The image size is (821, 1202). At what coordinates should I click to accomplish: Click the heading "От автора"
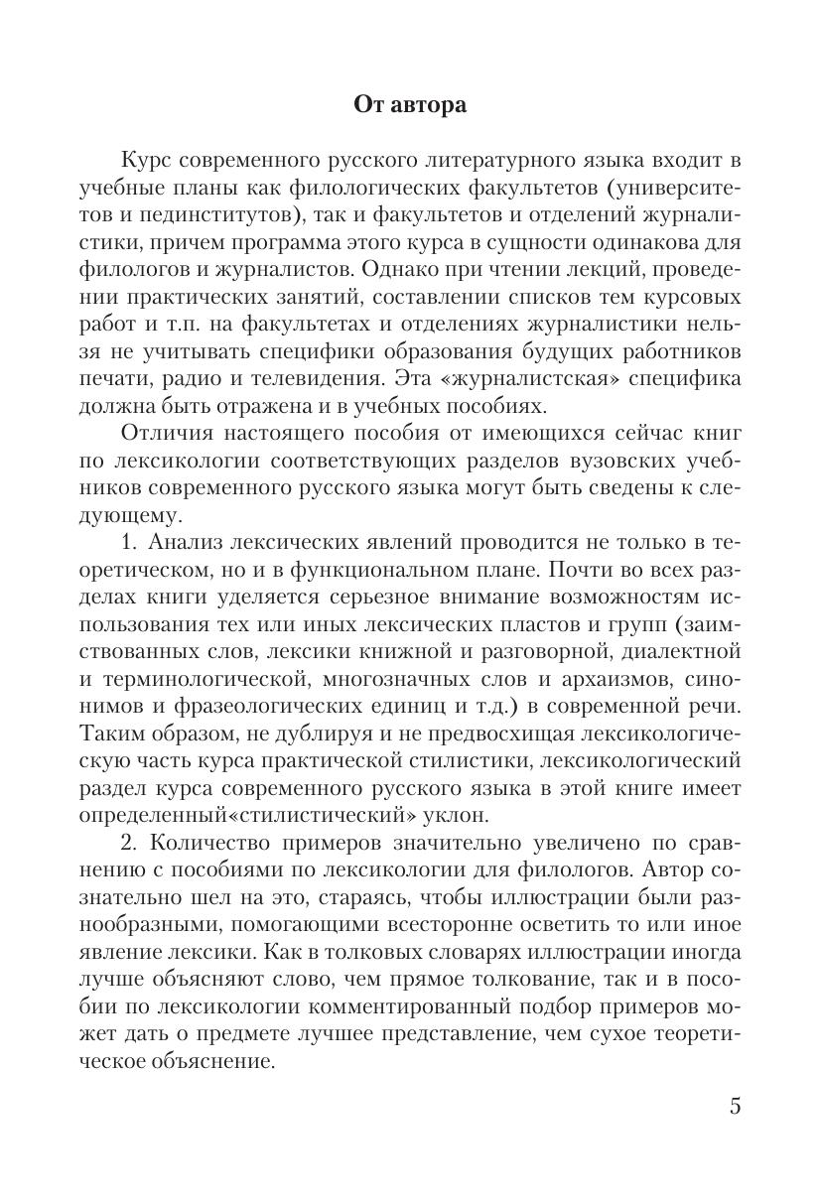click(410, 105)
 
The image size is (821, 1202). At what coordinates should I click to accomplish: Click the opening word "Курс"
click(148, 161)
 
